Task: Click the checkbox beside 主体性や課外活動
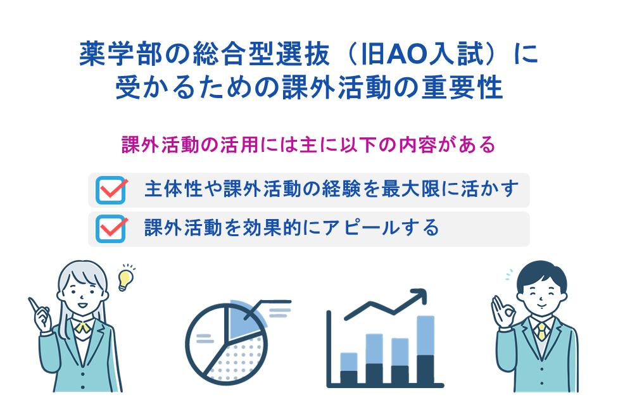(x=111, y=191)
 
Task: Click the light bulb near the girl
(x=126, y=280)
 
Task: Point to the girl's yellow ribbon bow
(x=83, y=327)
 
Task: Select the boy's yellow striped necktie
(x=541, y=332)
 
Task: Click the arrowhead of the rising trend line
(x=420, y=295)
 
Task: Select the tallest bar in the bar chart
(x=426, y=349)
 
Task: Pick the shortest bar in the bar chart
(x=349, y=368)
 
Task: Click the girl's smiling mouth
(x=83, y=305)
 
